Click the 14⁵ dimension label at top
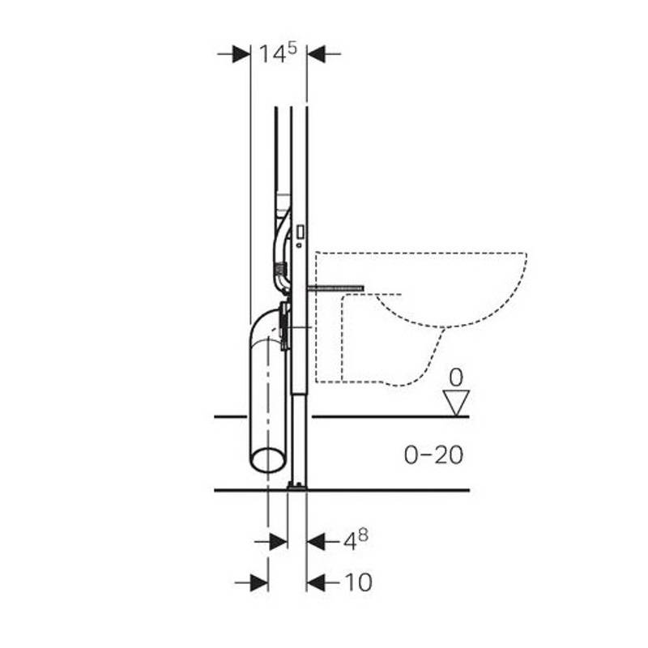pos(278,53)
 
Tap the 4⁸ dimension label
pos(356,540)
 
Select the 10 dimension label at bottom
pos(358,582)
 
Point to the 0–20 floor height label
pos(433,455)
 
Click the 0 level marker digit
pos(456,377)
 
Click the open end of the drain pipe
pos(268,460)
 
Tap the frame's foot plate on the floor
pos(297,487)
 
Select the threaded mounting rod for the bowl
pos(335,288)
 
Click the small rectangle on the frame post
pos(301,232)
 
